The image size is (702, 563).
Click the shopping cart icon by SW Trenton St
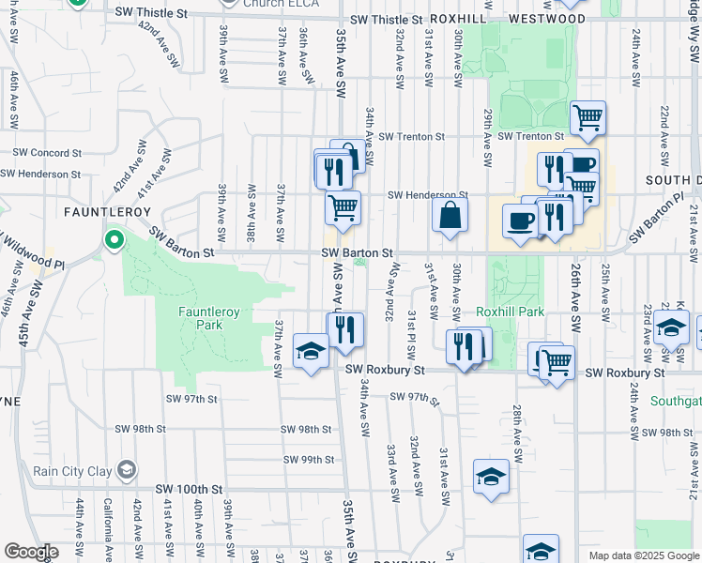588,119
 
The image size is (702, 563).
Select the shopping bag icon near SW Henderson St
450,214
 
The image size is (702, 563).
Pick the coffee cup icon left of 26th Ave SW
520,221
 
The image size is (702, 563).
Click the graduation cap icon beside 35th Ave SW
311,352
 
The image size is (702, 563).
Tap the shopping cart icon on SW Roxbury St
557,359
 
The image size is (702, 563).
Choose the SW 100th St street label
190,490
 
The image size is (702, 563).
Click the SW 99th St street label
310,460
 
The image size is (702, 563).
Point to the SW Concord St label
48,152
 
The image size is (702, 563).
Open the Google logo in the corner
31,552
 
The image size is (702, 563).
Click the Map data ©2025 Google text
644,555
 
